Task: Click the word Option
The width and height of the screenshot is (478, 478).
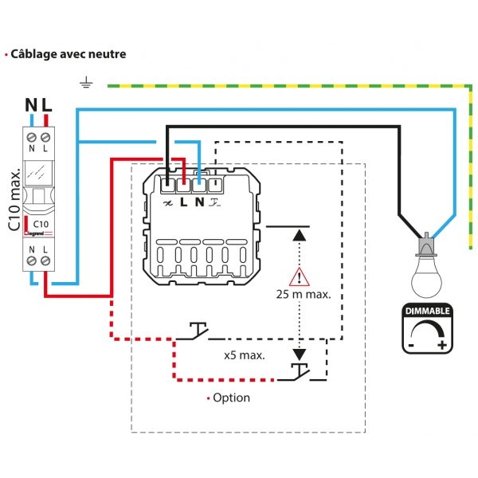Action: coord(231,398)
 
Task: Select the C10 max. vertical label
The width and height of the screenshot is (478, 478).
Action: coord(14,199)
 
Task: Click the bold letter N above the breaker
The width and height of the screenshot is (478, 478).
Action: coord(31,104)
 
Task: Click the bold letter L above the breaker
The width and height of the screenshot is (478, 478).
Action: coord(47,104)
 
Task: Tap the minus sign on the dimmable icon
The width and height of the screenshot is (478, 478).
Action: coord(411,345)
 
